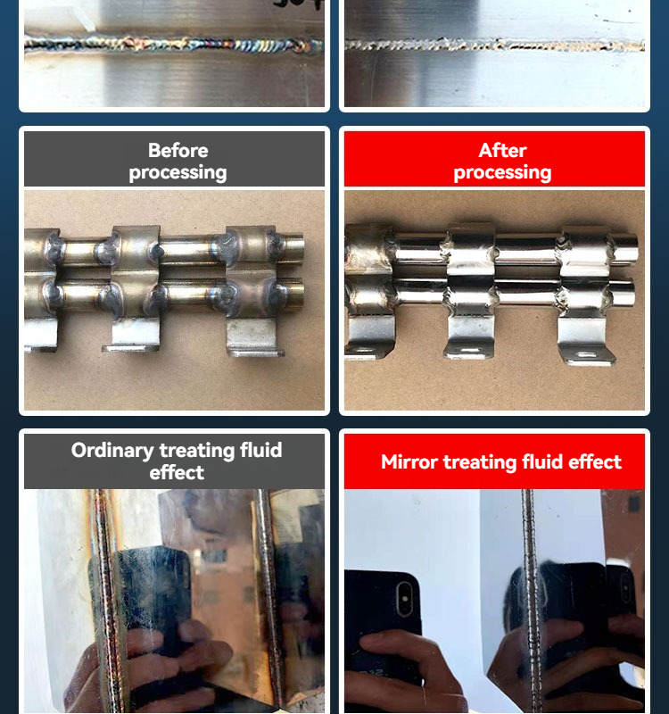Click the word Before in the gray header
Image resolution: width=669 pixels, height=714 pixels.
[178, 150]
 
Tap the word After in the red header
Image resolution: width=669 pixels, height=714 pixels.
[502, 150]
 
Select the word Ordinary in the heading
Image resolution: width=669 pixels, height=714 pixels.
[111, 451]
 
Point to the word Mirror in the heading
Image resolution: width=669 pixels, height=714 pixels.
[409, 462]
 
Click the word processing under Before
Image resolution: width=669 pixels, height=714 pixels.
[178, 172]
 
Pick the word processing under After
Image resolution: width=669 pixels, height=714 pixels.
[502, 172]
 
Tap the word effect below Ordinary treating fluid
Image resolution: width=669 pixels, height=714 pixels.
[177, 473]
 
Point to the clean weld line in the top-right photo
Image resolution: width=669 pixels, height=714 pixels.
[495, 45]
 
